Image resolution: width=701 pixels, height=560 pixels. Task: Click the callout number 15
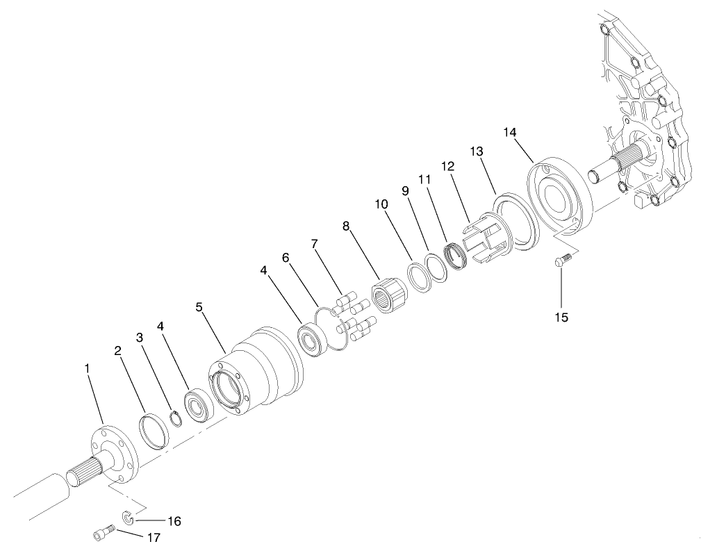pos(561,317)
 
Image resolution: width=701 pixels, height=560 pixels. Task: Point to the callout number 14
pos(510,132)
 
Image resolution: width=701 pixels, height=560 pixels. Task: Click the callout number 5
pos(199,306)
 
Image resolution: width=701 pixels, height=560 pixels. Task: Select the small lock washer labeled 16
pos(128,517)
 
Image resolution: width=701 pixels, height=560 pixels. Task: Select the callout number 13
pos(477,151)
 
